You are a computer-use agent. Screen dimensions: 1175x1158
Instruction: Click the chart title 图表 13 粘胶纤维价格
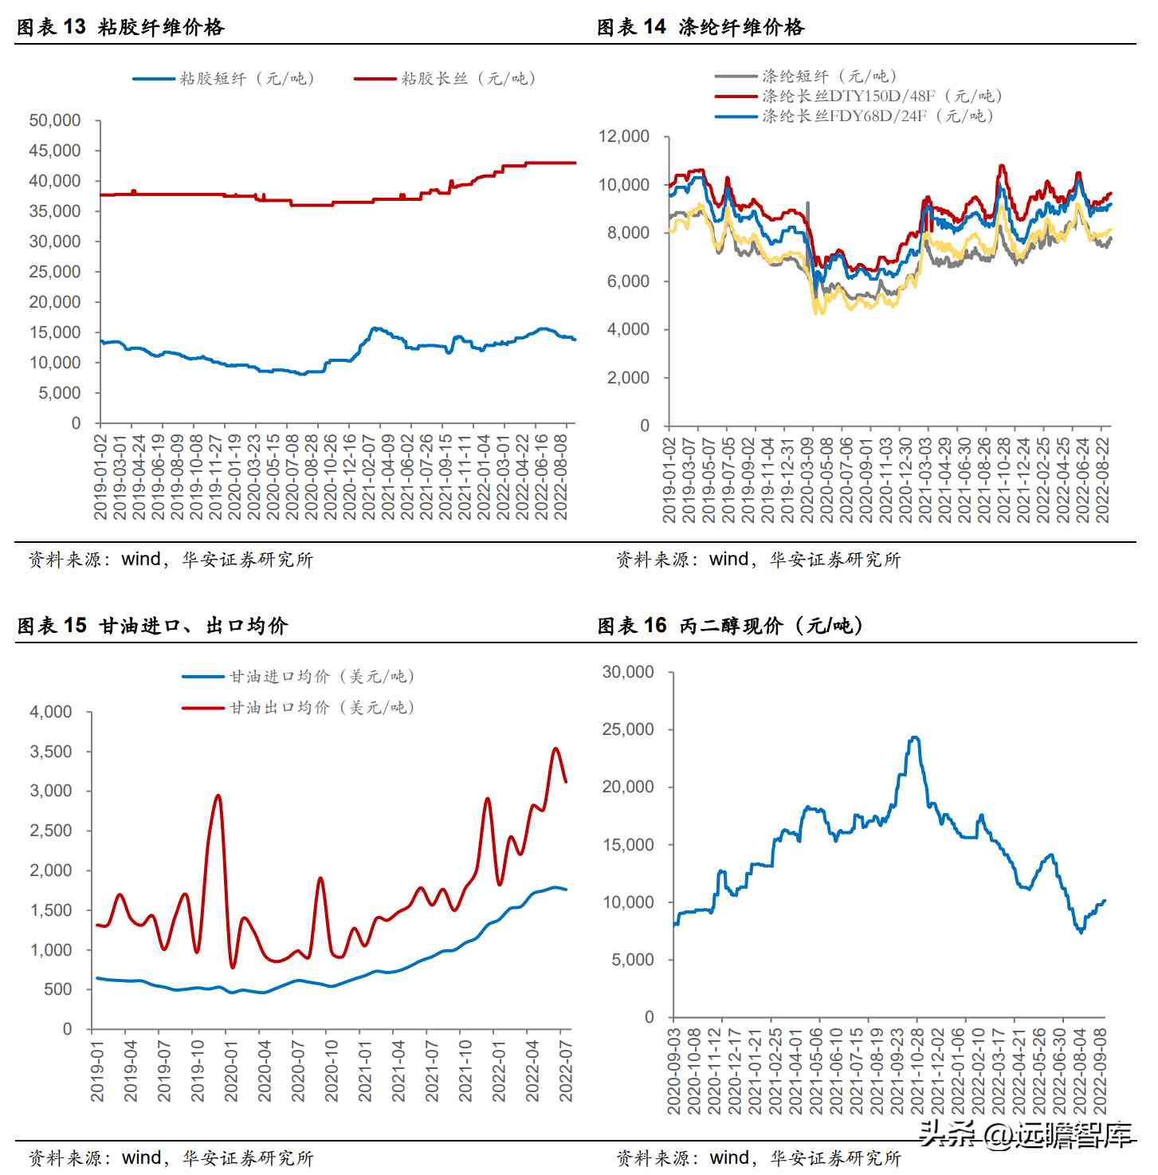tap(120, 27)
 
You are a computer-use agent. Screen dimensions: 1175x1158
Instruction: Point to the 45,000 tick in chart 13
tap(55, 151)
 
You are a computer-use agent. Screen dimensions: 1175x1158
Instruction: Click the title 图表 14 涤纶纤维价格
tap(701, 27)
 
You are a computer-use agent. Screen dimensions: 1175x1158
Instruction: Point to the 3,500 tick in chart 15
tap(51, 752)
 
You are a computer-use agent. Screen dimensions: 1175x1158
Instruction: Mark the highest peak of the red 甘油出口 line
tap(555, 749)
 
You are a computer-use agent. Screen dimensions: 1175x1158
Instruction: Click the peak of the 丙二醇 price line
tap(915, 737)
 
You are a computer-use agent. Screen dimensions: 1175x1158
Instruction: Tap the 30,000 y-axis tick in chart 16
tap(628, 672)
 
